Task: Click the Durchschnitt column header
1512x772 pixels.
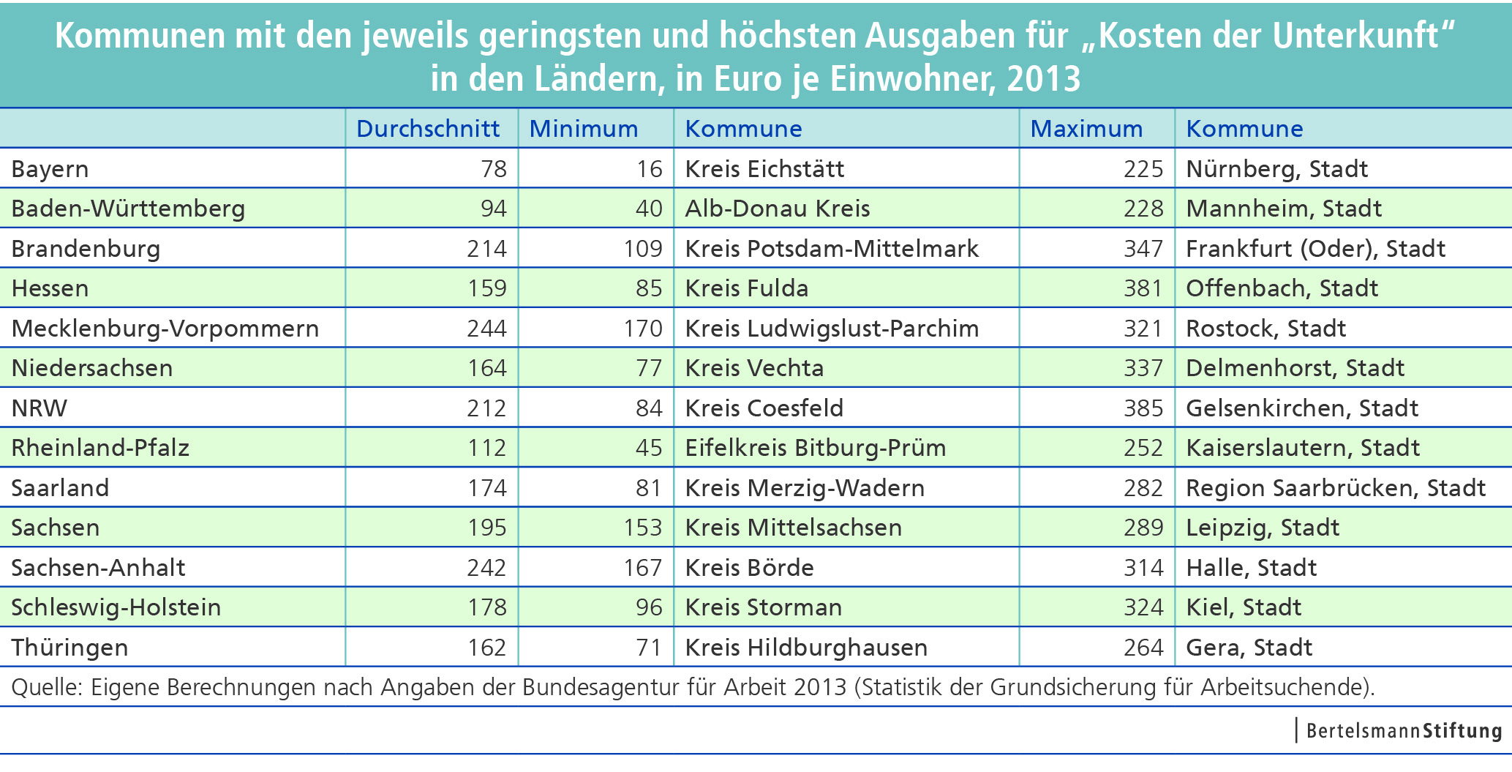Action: click(x=428, y=129)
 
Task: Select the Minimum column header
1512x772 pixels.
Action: click(x=583, y=129)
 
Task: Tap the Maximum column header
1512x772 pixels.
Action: click(x=1086, y=129)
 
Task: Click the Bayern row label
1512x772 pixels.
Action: click(x=50, y=169)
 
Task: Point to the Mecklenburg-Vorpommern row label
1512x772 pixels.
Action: click(x=165, y=329)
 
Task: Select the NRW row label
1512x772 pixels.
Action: click(x=40, y=408)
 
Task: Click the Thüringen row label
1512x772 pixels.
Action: click(x=69, y=648)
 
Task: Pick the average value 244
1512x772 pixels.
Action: click(x=486, y=329)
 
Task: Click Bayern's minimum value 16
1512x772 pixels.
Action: click(x=649, y=169)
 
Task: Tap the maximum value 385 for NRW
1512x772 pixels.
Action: click(x=1143, y=408)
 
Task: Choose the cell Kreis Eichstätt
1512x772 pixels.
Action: click(x=764, y=169)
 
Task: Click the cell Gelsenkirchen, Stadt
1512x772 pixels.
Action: click(x=1302, y=408)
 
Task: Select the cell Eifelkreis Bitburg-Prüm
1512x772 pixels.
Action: click(x=816, y=448)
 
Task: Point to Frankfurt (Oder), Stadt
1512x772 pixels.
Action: click(x=1315, y=249)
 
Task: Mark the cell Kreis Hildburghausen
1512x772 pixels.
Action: click(x=806, y=648)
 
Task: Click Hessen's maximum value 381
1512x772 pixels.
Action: click(x=1143, y=288)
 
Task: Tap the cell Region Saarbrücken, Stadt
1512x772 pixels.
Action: click(x=1336, y=488)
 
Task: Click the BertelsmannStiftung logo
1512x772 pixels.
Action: click(x=1403, y=730)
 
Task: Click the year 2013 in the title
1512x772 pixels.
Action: click(x=1043, y=79)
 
